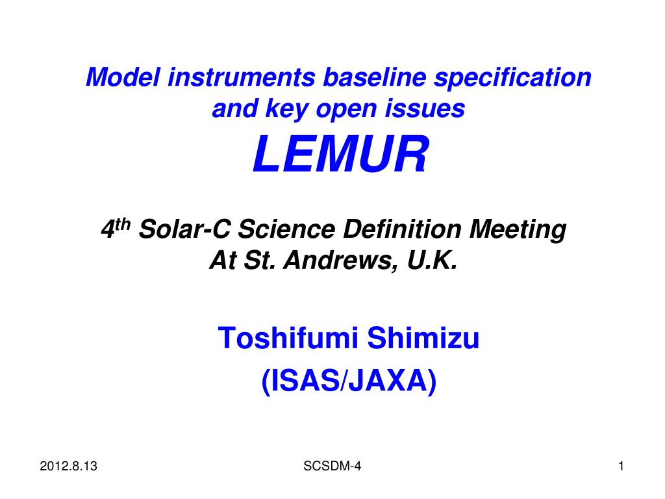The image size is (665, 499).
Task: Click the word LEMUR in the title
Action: pyautogui.click(x=340, y=153)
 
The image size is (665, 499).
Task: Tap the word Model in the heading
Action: pyautogui.click(x=123, y=77)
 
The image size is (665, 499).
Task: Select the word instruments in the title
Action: pyautogui.click(x=242, y=77)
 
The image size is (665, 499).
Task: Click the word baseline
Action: pyautogui.click(x=375, y=77)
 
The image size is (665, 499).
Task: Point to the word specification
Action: pyautogui.click(x=512, y=78)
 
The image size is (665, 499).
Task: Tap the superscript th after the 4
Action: pyautogui.click(x=123, y=224)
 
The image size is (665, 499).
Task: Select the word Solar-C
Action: pyautogui.click(x=185, y=229)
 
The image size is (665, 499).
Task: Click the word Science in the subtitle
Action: pyautogui.click(x=286, y=229)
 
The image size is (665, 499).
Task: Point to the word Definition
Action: pyautogui.click(x=402, y=229)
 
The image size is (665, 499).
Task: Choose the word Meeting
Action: pyautogui.click(x=518, y=230)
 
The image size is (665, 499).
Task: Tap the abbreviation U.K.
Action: pyautogui.click(x=432, y=260)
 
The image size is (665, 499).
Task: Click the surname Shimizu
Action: pyautogui.click(x=423, y=338)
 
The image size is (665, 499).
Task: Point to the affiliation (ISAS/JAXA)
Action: pyautogui.click(x=349, y=381)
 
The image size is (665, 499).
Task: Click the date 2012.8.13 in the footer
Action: pyautogui.click(x=68, y=467)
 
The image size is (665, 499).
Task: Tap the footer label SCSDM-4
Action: pyautogui.click(x=332, y=467)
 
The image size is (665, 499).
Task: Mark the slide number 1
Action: pyautogui.click(x=621, y=467)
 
